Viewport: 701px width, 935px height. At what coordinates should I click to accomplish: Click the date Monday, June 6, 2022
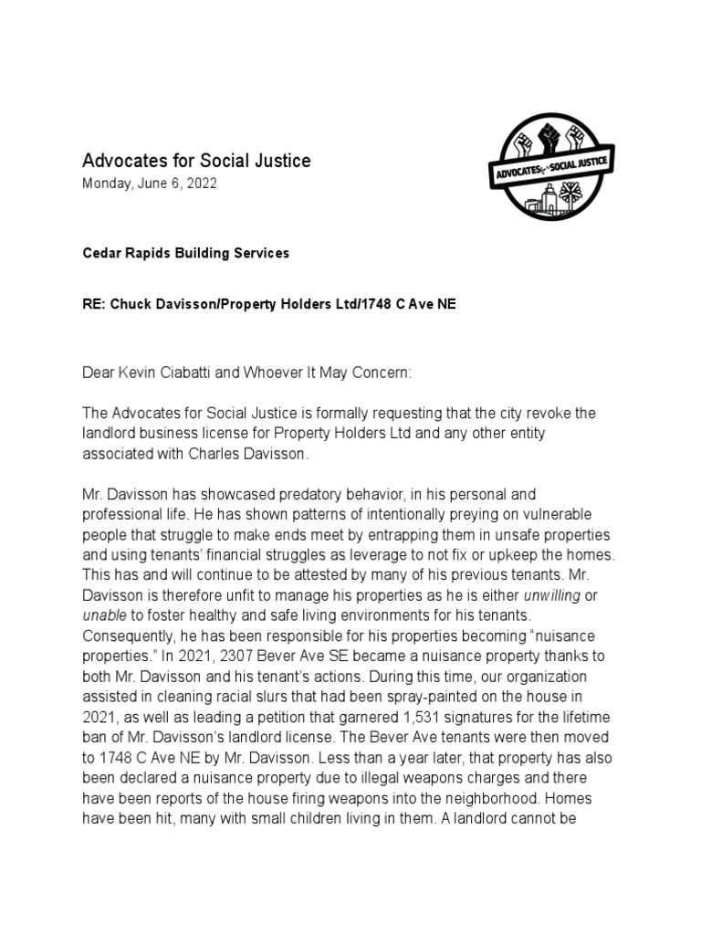click(x=151, y=184)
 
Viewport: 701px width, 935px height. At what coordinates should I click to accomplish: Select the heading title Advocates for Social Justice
click(x=197, y=161)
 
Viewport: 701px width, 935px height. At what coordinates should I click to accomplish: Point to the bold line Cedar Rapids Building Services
click(x=186, y=253)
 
